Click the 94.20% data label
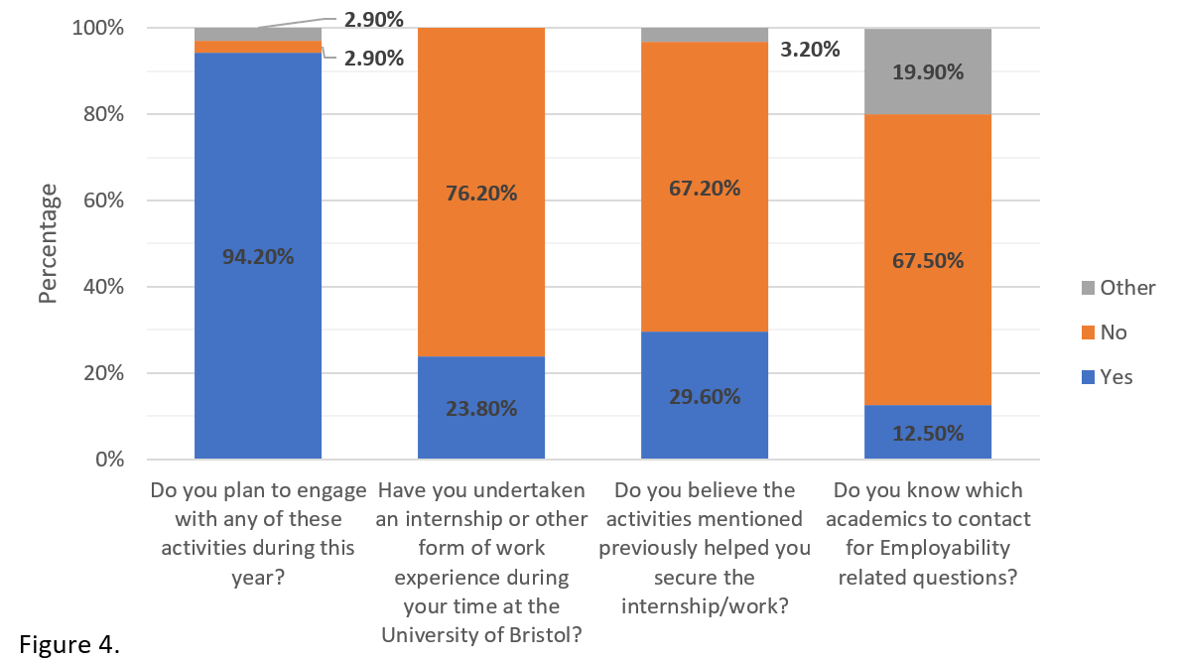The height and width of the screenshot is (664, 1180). (257, 256)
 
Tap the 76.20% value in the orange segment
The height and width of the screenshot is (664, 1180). (481, 193)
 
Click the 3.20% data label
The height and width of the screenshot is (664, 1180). (809, 49)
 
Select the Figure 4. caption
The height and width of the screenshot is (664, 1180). (69, 645)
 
